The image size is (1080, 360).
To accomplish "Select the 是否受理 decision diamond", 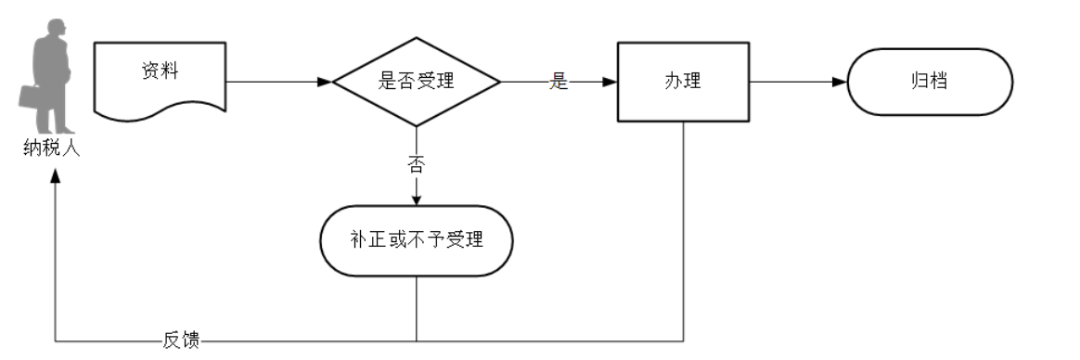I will [x=417, y=81].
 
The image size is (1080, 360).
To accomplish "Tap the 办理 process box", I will [x=682, y=81].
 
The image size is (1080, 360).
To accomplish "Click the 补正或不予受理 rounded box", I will [x=417, y=240].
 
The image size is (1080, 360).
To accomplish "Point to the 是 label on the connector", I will [x=558, y=82].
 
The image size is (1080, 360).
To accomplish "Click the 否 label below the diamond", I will [x=417, y=165].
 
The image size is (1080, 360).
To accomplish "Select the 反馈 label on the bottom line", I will [x=180, y=341].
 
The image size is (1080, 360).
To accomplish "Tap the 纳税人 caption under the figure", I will [x=52, y=148].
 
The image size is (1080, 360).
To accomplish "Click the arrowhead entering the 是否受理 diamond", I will [x=325, y=82].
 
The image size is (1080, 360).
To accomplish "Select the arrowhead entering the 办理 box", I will [x=610, y=82].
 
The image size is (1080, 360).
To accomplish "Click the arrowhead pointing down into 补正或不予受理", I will [x=417, y=199].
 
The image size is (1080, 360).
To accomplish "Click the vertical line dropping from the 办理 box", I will [x=684, y=232].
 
